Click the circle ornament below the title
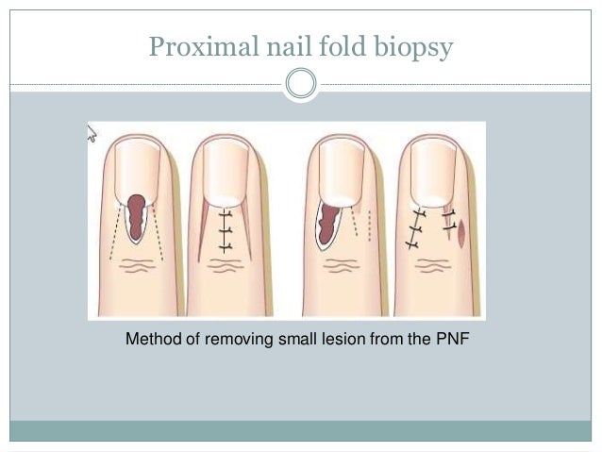click(301, 84)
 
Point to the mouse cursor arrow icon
click(92, 133)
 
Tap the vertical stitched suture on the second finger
click(225, 229)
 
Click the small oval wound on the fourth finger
click(460, 232)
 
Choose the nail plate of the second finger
click(225, 170)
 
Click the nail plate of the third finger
click(341, 170)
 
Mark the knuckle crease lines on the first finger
click(138, 268)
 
